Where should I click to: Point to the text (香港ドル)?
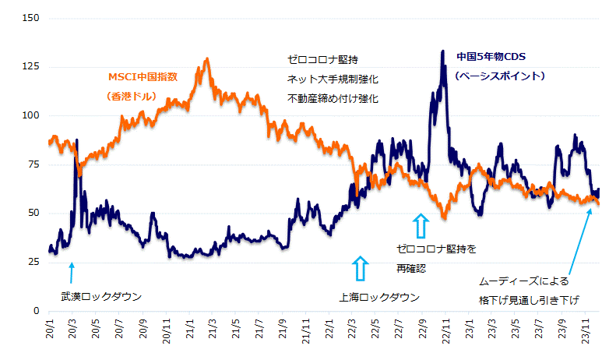tap(132, 97)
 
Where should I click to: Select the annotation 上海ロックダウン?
tap(379, 297)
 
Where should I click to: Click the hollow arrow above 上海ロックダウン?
tap(359, 267)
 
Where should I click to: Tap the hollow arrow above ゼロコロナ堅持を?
tap(421, 226)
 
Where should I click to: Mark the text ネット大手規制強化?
tap(333, 79)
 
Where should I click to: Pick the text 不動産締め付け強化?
tap(333, 98)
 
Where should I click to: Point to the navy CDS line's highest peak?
tap(442, 51)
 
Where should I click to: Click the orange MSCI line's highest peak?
tap(206, 58)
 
